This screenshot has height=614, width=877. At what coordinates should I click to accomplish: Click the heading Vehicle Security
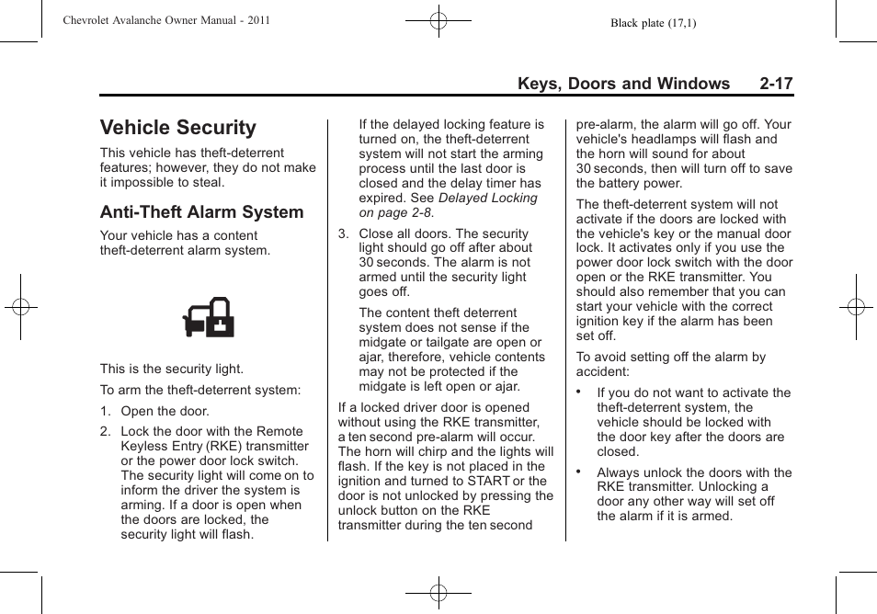178,128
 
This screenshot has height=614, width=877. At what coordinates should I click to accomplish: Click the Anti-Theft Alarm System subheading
201,212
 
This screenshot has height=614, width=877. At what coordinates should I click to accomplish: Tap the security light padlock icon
209,317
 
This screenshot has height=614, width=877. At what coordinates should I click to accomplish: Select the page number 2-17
776,84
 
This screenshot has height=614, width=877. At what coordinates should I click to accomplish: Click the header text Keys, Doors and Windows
623,84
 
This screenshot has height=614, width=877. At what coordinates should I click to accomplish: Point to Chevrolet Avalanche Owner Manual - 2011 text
166,20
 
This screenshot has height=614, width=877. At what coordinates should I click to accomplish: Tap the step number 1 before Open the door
105,412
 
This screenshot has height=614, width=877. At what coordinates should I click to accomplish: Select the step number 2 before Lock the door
105,431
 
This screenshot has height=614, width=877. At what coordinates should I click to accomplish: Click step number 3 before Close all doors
343,234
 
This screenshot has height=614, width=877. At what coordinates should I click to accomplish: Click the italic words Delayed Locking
487,198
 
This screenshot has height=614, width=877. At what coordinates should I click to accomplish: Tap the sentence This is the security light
172,370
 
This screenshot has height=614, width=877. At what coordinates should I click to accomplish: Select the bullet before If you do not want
579,392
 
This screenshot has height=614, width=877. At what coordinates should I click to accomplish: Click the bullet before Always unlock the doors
579,472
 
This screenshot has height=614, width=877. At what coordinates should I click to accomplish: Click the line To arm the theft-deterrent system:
200,390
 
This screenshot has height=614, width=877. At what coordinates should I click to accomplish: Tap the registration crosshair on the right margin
855,307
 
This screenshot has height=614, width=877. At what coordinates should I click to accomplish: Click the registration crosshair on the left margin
20,307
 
